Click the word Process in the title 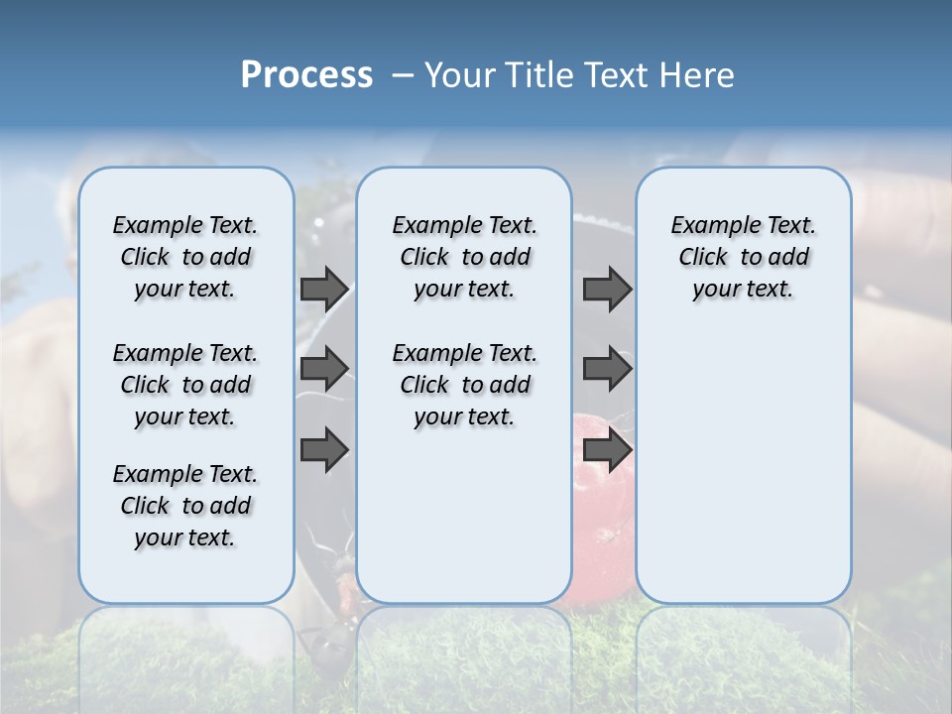tap(306, 75)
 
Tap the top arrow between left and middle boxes tap(324, 289)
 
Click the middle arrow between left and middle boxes tap(324, 369)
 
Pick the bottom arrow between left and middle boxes tap(324, 449)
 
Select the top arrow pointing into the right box tap(607, 289)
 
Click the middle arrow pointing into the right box tap(607, 369)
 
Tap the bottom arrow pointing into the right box tap(607, 449)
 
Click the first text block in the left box tap(185, 257)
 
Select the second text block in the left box tap(185, 385)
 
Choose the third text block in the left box tap(185, 506)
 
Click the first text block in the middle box tap(464, 257)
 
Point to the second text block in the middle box tap(464, 385)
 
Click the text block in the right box tap(744, 257)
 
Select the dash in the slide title tap(403, 75)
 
